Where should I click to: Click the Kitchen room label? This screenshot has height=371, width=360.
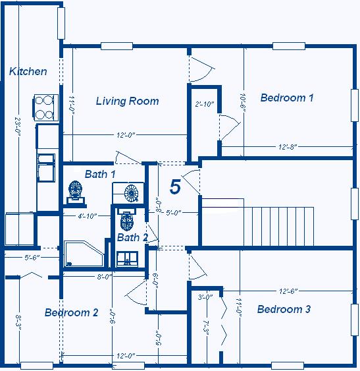click(28, 71)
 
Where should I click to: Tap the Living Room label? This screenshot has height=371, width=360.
click(127, 101)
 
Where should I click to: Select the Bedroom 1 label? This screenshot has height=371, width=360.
click(286, 98)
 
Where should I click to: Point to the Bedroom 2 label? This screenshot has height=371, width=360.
click(71, 312)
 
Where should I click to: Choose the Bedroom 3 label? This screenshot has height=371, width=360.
click(284, 309)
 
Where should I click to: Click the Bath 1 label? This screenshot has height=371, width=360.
click(100, 174)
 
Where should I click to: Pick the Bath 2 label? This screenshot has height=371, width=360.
click(132, 237)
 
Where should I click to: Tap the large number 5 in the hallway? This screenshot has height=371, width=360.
click(175, 186)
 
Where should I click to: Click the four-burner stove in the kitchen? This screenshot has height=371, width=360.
click(45, 107)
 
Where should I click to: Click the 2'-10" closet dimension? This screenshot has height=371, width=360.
click(205, 104)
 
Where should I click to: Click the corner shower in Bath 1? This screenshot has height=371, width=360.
click(82, 254)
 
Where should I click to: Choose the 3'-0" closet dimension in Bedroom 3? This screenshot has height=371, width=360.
click(205, 297)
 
